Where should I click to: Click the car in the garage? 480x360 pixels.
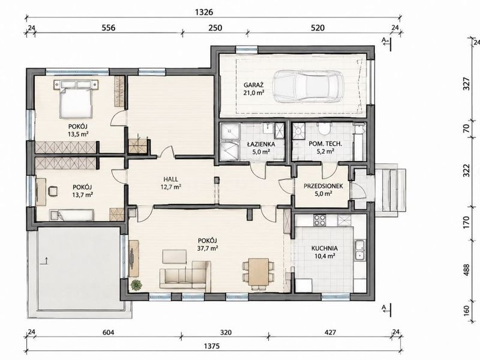tap(308, 86)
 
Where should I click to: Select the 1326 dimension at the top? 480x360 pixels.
tap(203, 12)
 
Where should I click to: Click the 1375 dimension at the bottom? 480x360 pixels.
tap(212, 346)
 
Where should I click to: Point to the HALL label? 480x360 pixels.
tap(170, 179)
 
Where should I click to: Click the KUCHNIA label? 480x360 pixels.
tap(325, 248)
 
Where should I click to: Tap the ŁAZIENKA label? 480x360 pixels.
tap(261, 144)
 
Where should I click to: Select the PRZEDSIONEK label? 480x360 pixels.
tap(323, 186)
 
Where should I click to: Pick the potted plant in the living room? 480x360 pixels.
tap(136, 286)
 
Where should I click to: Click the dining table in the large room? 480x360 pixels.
tap(259, 272)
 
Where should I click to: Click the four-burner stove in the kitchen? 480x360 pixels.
tap(320, 220)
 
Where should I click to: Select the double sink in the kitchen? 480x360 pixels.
tap(360, 250)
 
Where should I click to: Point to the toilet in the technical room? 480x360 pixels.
tap(323, 129)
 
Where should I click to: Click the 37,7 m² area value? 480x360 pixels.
tap(207, 248)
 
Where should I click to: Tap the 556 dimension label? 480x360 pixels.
tap(109, 28)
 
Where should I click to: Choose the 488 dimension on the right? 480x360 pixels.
tap(466, 270)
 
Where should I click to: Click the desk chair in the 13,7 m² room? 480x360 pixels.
tap(53, 191)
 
